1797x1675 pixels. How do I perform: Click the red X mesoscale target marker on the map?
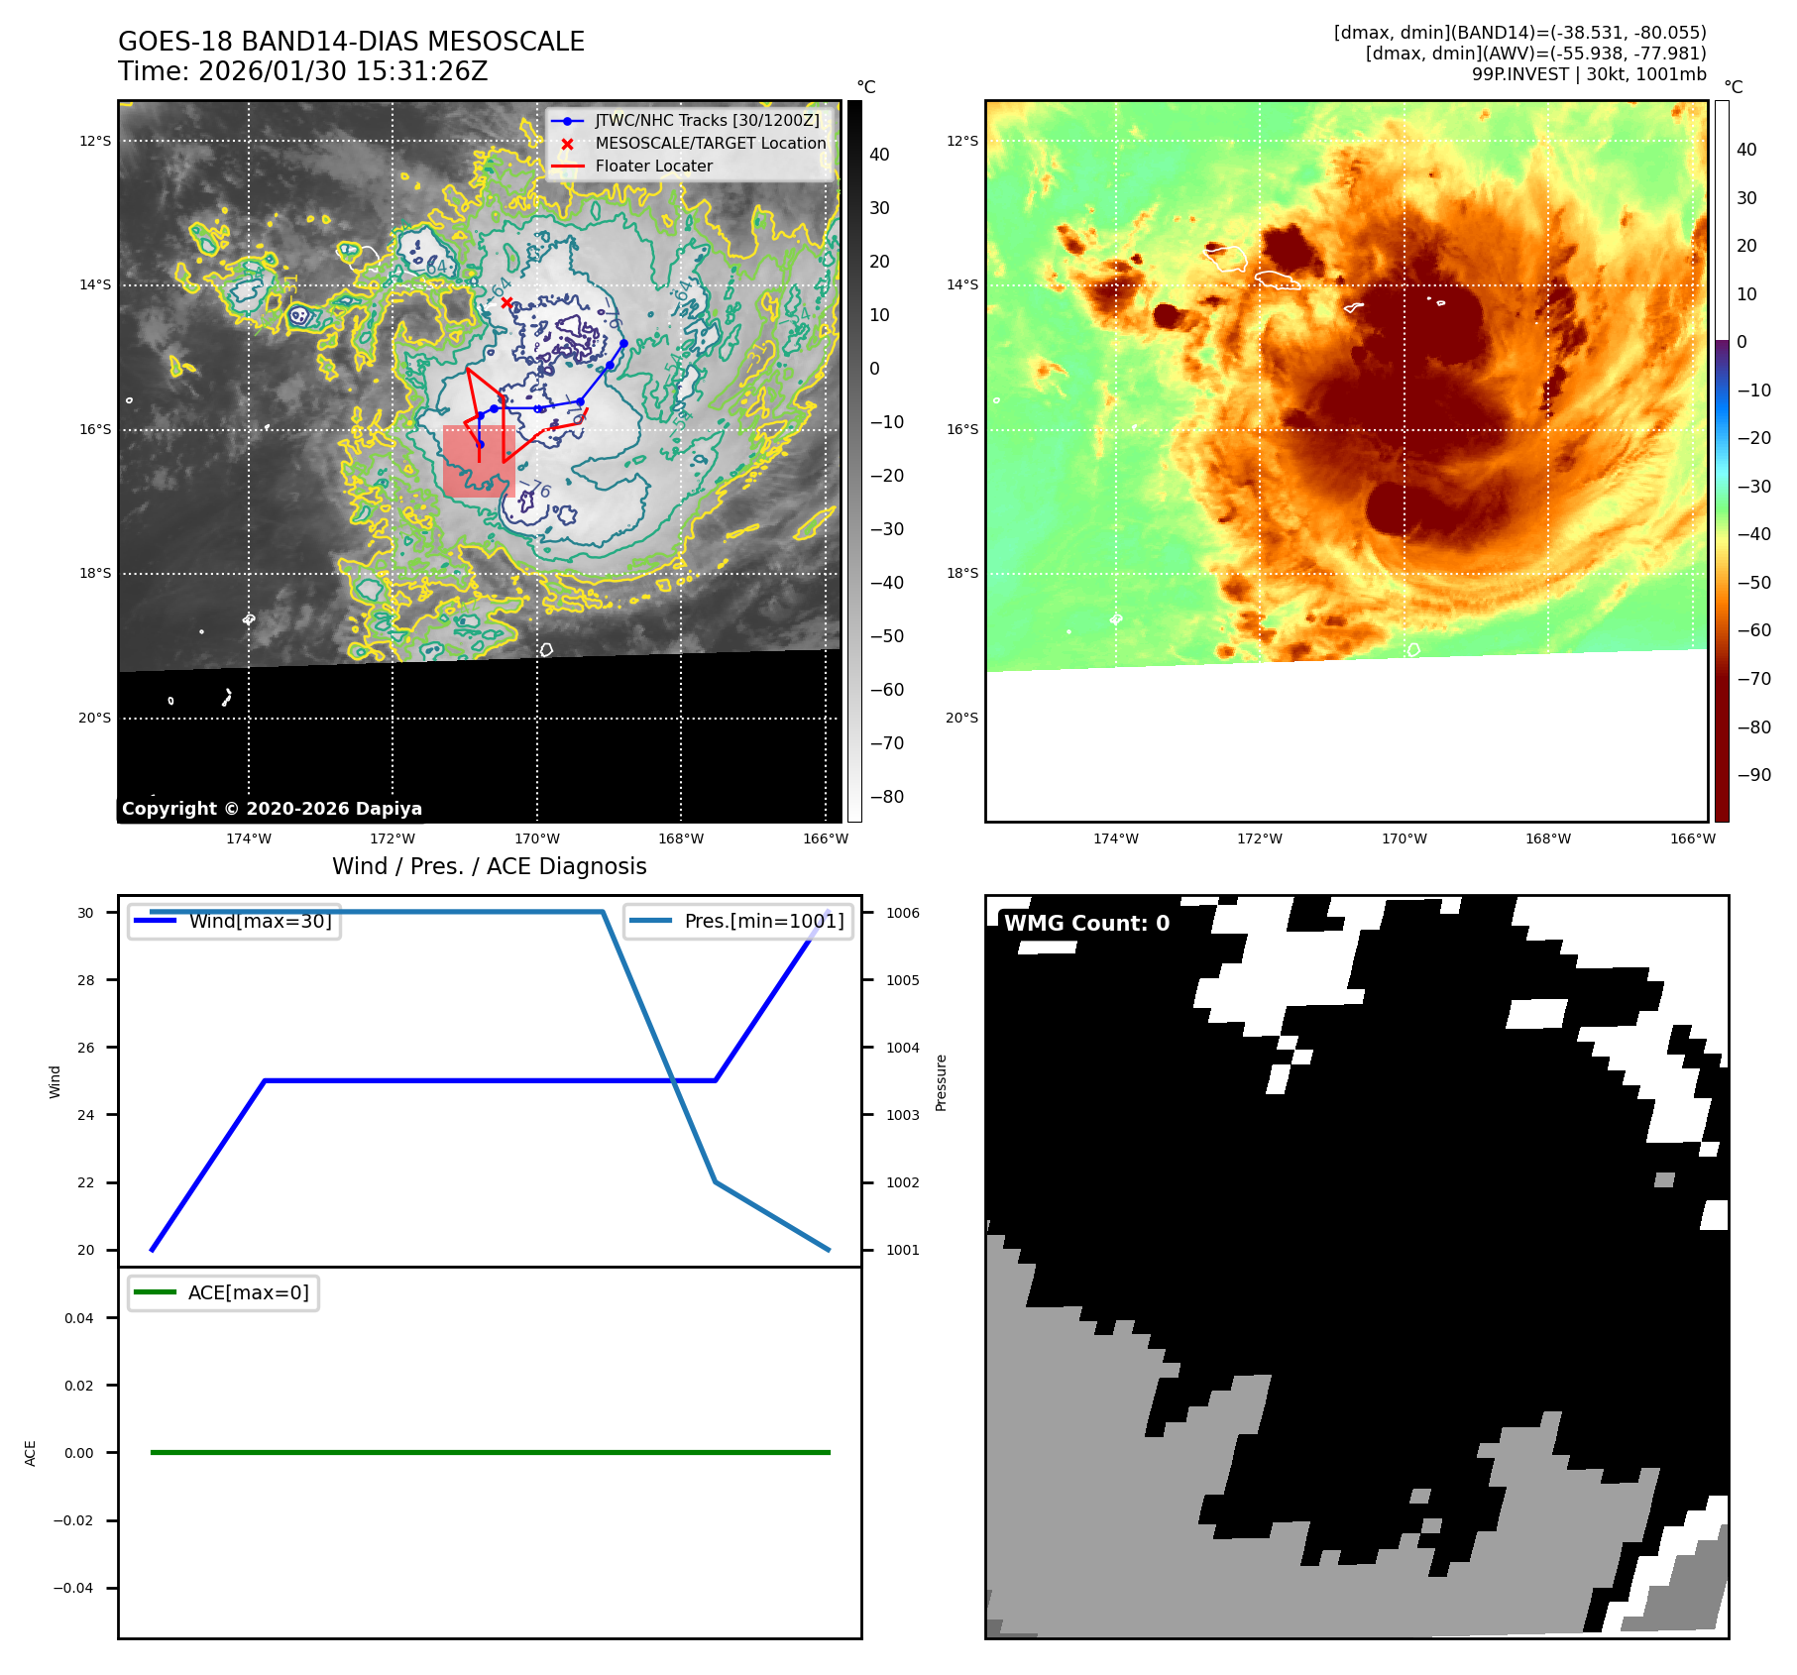point(506,302)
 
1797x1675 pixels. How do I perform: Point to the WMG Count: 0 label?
point(1086,923)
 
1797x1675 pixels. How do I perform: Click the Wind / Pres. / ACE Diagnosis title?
point(489,866)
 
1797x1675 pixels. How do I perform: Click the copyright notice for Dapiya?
point(272,809)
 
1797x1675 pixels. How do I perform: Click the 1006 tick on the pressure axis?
point(902,913)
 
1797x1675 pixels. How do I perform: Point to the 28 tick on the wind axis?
point(86,980)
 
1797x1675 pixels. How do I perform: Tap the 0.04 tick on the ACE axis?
point(79,1318)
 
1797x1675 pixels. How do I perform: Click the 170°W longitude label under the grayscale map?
point(536,838)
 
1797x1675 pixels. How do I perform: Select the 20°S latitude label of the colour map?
point(961,718)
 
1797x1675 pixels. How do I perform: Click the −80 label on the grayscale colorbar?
point(886,796)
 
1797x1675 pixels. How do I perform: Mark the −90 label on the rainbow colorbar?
point(1753,775)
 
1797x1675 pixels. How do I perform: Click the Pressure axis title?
point(941,1082)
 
